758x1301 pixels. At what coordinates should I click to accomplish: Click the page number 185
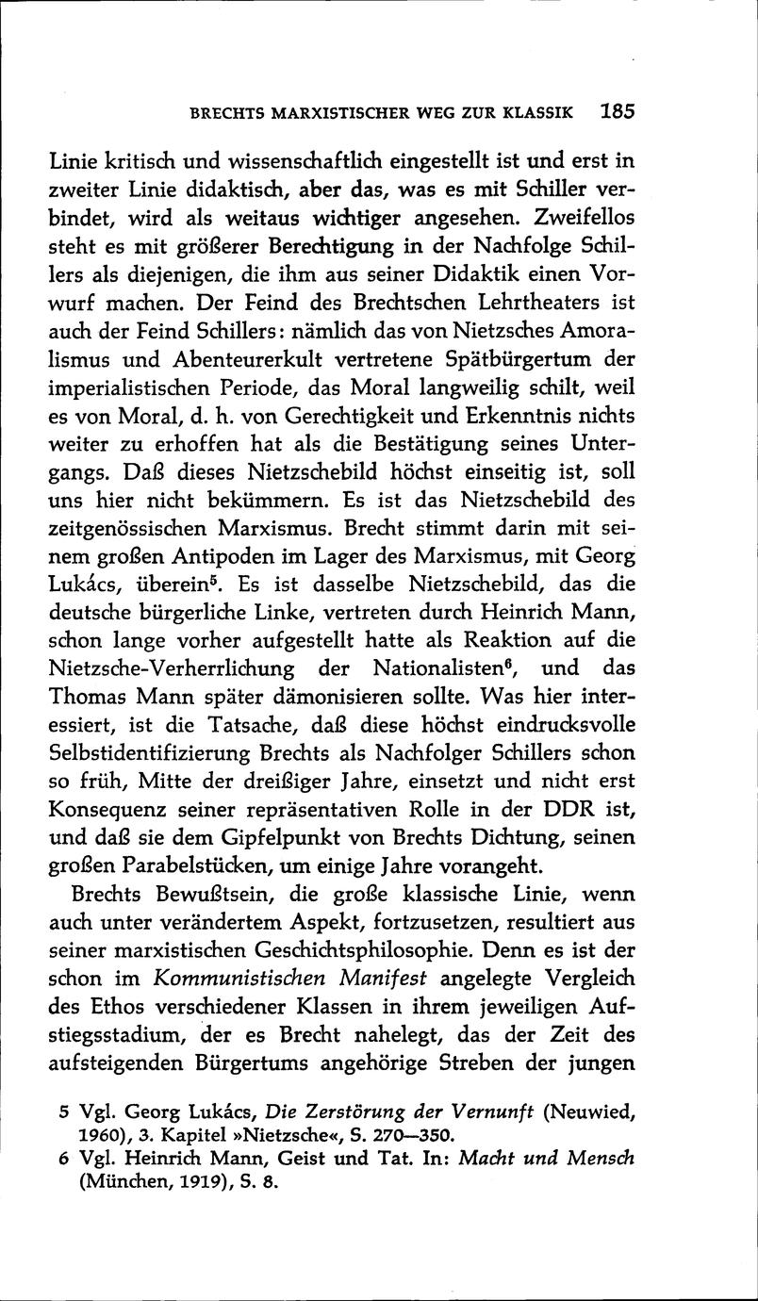(618, 111)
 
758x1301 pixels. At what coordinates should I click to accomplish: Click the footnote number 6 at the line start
(62, 1161)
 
